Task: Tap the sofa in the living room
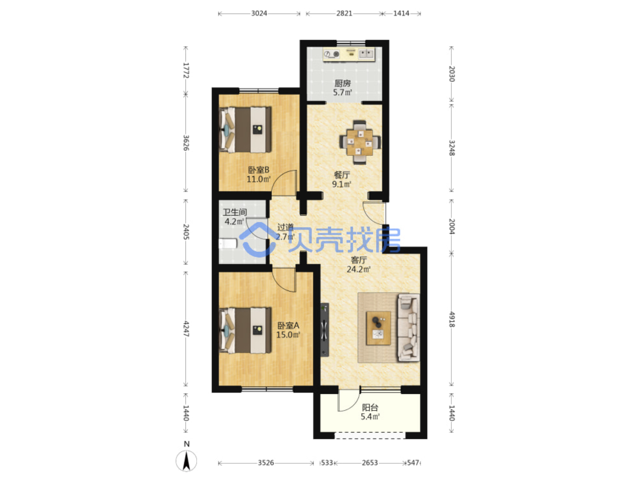tap(408, 327)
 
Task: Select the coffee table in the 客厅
tap(378, 328)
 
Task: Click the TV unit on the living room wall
tap(325, 329)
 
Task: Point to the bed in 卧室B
tap(245, 129)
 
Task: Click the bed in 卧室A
tap(245, 330)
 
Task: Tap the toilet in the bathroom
tap(227, 244)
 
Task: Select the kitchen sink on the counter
tap(366, 54)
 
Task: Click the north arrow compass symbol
tap(186, 461)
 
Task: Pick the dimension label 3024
tap(259, 14)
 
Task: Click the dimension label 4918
tap(452, 319)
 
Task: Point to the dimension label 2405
tap(186, 232)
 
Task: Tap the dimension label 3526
tap(266, 462)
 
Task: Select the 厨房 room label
tap(343, 83)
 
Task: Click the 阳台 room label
tap(370, 407)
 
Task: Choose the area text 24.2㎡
tap(359, 269)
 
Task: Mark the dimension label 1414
tap(401, 14)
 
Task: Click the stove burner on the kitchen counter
tap(336, 54)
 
